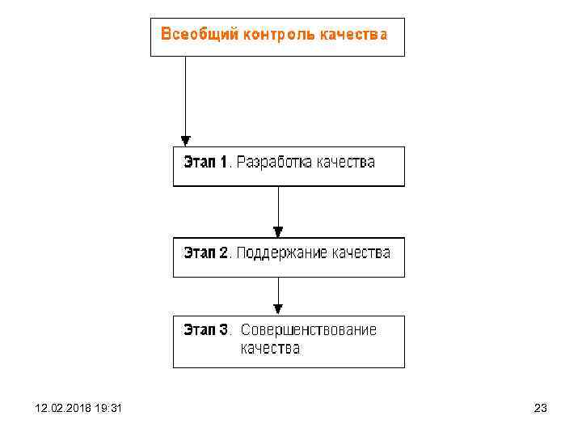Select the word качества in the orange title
tap(352, 35)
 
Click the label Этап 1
tap(207, 162)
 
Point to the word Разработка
tap(278, 162)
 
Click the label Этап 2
tap(207, 252)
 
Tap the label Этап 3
tap(207, 329)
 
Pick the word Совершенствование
tap(309, 329)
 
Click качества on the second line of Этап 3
tap(270, 349)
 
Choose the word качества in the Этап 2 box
tap(361, 252)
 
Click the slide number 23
tap(541, 409)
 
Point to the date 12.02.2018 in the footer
tap(61, 409)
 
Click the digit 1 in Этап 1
tap(224, 162)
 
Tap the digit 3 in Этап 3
tap(224, 329)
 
